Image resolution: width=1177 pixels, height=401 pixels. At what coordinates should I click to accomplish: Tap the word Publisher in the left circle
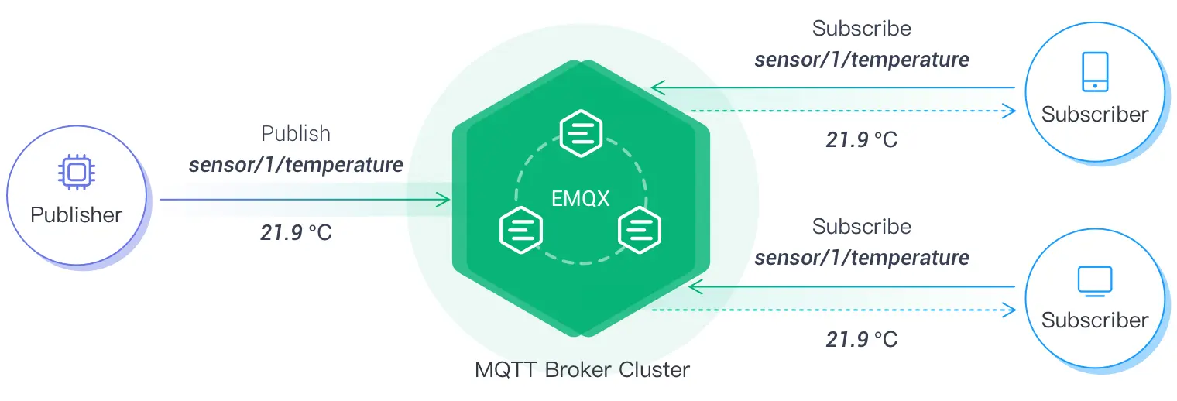pos(76,214)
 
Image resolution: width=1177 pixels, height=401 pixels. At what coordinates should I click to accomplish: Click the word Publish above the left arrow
pos(296,134)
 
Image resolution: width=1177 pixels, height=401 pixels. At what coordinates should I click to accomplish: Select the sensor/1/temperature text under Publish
pos(296,165)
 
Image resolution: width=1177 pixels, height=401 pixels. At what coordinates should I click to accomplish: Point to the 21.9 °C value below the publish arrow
pos(296,232)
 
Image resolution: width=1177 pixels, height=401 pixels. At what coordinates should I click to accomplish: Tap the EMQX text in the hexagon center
pos(580,199)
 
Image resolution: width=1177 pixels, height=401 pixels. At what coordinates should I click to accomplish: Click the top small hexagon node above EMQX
pos(581,133)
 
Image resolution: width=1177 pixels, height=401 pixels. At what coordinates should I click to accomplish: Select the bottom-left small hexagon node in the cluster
pos(521,230)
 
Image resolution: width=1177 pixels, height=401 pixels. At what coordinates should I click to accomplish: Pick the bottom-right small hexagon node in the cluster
pos(639,230)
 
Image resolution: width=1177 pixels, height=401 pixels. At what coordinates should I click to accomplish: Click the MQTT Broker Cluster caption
pos(582,369)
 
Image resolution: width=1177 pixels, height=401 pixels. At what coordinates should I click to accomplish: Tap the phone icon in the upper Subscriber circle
pos(1094,72)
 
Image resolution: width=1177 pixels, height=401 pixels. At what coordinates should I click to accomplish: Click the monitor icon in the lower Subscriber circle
pos(1094,280)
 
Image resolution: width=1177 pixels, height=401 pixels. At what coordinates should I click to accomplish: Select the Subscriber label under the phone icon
pos(1094,115)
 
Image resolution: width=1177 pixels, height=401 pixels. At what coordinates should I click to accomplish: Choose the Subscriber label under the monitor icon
pos(1094,320)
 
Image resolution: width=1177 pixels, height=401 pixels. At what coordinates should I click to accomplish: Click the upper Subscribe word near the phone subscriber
pos(861,29)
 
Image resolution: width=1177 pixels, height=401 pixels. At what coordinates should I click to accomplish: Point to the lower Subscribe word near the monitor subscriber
pos(861,227)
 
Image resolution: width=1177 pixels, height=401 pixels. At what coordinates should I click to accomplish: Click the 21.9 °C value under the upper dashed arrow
pos(861,140)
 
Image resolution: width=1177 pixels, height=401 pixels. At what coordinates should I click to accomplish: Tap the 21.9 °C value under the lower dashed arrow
pos(861,339)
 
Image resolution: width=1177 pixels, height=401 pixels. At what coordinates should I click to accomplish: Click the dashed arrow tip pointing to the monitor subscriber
pos(1011,310)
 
